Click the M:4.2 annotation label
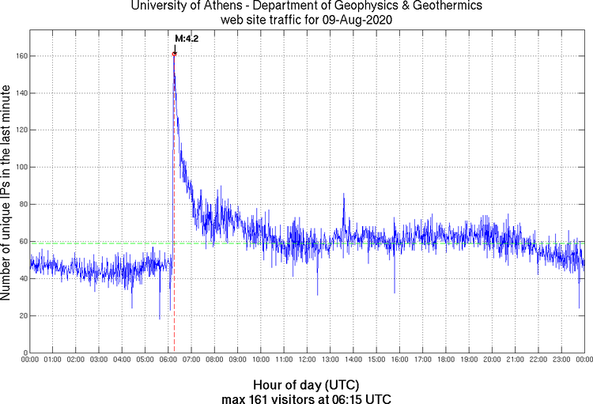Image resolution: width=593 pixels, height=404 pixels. [x=186, y=38]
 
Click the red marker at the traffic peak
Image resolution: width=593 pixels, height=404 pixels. [x=174, y=54]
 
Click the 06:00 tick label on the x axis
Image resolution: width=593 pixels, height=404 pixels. [x=168, y=360]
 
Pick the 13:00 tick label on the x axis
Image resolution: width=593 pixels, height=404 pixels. [x=330, y=360]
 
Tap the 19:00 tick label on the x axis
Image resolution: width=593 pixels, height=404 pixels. [x=469, y=360]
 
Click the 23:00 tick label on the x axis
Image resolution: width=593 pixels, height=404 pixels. [x=561, y=360]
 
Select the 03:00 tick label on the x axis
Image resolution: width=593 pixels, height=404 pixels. [x=100, y=360]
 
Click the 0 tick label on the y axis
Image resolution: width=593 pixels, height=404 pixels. [x=25, y=353]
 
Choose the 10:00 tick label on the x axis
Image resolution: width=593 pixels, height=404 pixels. [x=261, y=360]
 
